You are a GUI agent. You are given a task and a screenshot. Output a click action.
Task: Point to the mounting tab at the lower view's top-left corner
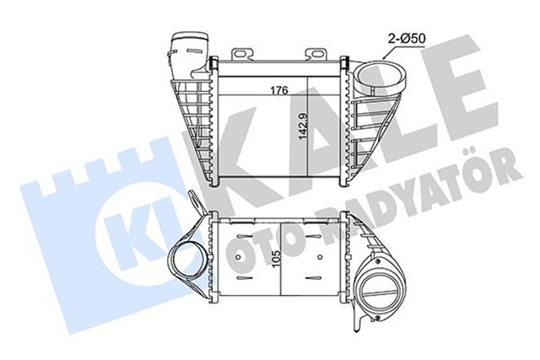pyautogui.click(x=196, y=205)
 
